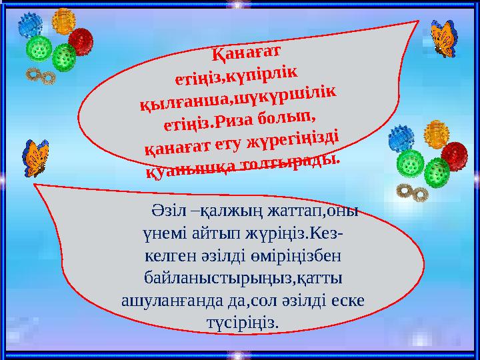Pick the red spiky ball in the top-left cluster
(80, 42)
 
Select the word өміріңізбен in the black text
(307, 255)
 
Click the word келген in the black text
(165, 255)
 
